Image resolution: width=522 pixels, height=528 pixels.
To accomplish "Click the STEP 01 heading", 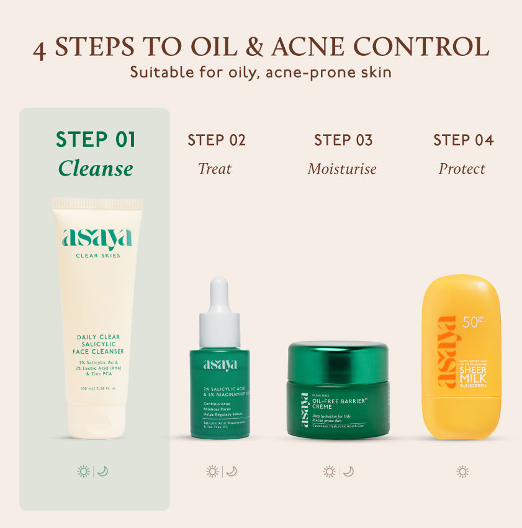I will [x=96, y=140].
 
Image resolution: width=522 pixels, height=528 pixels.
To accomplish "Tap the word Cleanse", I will [x=96, y=169].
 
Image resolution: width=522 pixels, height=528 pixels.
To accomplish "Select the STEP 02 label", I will [x=217, y=140].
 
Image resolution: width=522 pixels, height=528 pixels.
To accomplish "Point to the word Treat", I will [x=215, y=169].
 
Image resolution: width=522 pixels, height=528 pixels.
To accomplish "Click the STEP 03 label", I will [x=343, y=140].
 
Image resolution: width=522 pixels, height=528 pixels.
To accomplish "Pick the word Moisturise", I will [x=342, y=169].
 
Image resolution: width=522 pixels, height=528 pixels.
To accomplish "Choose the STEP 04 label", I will [x=463, y=140].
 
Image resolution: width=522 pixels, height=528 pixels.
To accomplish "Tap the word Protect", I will [x=462, y=169].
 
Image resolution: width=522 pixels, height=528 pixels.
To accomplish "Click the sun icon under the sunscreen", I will [x=462, y=472].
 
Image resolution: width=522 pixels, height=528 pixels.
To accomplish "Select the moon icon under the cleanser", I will [x=103, y=472].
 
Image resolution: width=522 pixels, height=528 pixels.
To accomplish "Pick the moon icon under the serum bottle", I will [x=232, y=472].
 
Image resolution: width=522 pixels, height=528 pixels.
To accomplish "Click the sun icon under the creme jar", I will [x=330, y=472].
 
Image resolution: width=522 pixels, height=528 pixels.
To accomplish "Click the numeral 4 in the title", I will [x=39, y=50].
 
